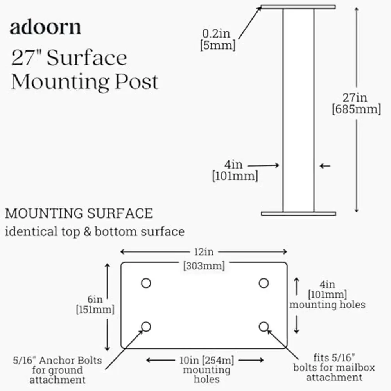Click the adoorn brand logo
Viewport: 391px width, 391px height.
[45, 28]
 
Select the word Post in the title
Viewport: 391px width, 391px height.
[137, 82]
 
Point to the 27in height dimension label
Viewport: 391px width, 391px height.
[356, 97]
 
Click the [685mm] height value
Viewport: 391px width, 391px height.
[356, 109]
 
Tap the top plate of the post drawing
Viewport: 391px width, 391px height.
[298, 7]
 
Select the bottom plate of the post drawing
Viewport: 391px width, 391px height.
[298, 213]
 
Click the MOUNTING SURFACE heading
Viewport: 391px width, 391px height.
[79, 213]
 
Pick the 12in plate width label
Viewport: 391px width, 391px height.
[204, 252]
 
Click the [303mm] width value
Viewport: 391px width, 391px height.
[204, 266]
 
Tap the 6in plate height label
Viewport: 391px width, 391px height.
[95, 300]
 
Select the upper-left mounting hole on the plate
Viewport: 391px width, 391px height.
[146, 283]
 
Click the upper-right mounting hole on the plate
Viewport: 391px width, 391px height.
[264, 283]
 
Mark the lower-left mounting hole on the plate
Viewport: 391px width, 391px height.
[146, 326]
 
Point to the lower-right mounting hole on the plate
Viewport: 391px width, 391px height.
[264, 326]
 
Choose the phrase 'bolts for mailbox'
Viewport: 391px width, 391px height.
[334, 368]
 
